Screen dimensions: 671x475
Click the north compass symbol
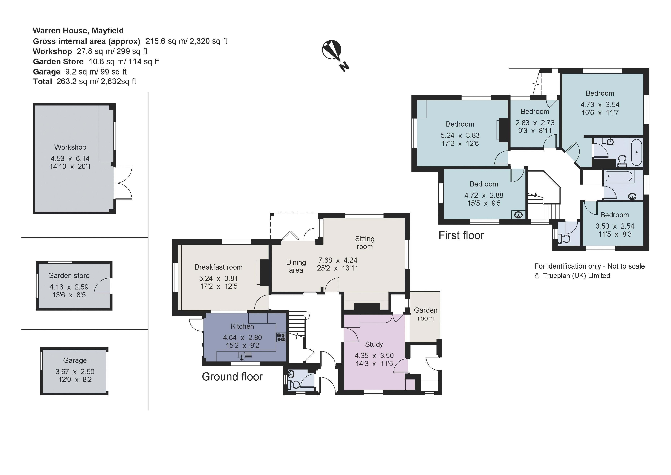coord(334,54)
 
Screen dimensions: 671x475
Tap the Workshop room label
coord(70,147)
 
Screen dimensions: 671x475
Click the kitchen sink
coord(245,356)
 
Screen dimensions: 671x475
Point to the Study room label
coord(374,344)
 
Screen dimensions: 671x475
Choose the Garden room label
coord(426,314)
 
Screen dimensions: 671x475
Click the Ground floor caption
coord(232,377)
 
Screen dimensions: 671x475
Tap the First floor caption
coord(461,235)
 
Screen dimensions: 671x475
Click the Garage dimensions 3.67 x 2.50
coord(75,372)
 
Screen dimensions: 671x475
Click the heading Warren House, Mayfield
coord(78,31)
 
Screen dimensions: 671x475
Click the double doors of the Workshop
coord(123,183)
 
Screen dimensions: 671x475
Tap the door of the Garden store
coord(102,286)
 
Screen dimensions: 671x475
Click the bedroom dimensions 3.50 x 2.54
coord(615,226)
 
